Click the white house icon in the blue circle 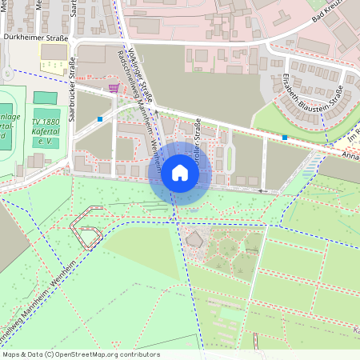click(x=180, y=173)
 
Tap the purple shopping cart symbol click(x=114, y=88)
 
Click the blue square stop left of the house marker click(x=100, y=119)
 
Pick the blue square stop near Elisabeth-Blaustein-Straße click(x=285, y=138)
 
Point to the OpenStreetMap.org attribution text click(x=81, y=354)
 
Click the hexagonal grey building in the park click(x=194, y=238)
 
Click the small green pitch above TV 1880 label click(x=46, y=98)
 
